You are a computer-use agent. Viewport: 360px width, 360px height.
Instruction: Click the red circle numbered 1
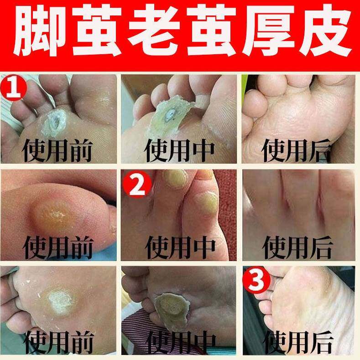(13, 87)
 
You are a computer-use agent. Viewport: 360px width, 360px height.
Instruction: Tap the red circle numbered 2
(137, 184)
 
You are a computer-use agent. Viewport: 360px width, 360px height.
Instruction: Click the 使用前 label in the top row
(57, 151)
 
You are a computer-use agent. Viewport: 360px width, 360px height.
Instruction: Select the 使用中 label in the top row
(179, 151)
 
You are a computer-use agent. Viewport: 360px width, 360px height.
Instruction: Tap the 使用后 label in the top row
(296, 151)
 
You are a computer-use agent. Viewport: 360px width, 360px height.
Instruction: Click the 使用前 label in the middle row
(58, 247)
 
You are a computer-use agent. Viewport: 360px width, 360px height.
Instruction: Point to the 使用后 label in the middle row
(297, 247)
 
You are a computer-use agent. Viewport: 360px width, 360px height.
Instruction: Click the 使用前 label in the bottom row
(58, 343)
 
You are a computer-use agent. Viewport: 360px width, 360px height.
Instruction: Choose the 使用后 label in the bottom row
(297, 343)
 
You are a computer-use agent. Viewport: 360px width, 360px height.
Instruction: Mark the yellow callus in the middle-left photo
(55, 216)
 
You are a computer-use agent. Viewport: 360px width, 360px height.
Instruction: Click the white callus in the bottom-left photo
(60, 301)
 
